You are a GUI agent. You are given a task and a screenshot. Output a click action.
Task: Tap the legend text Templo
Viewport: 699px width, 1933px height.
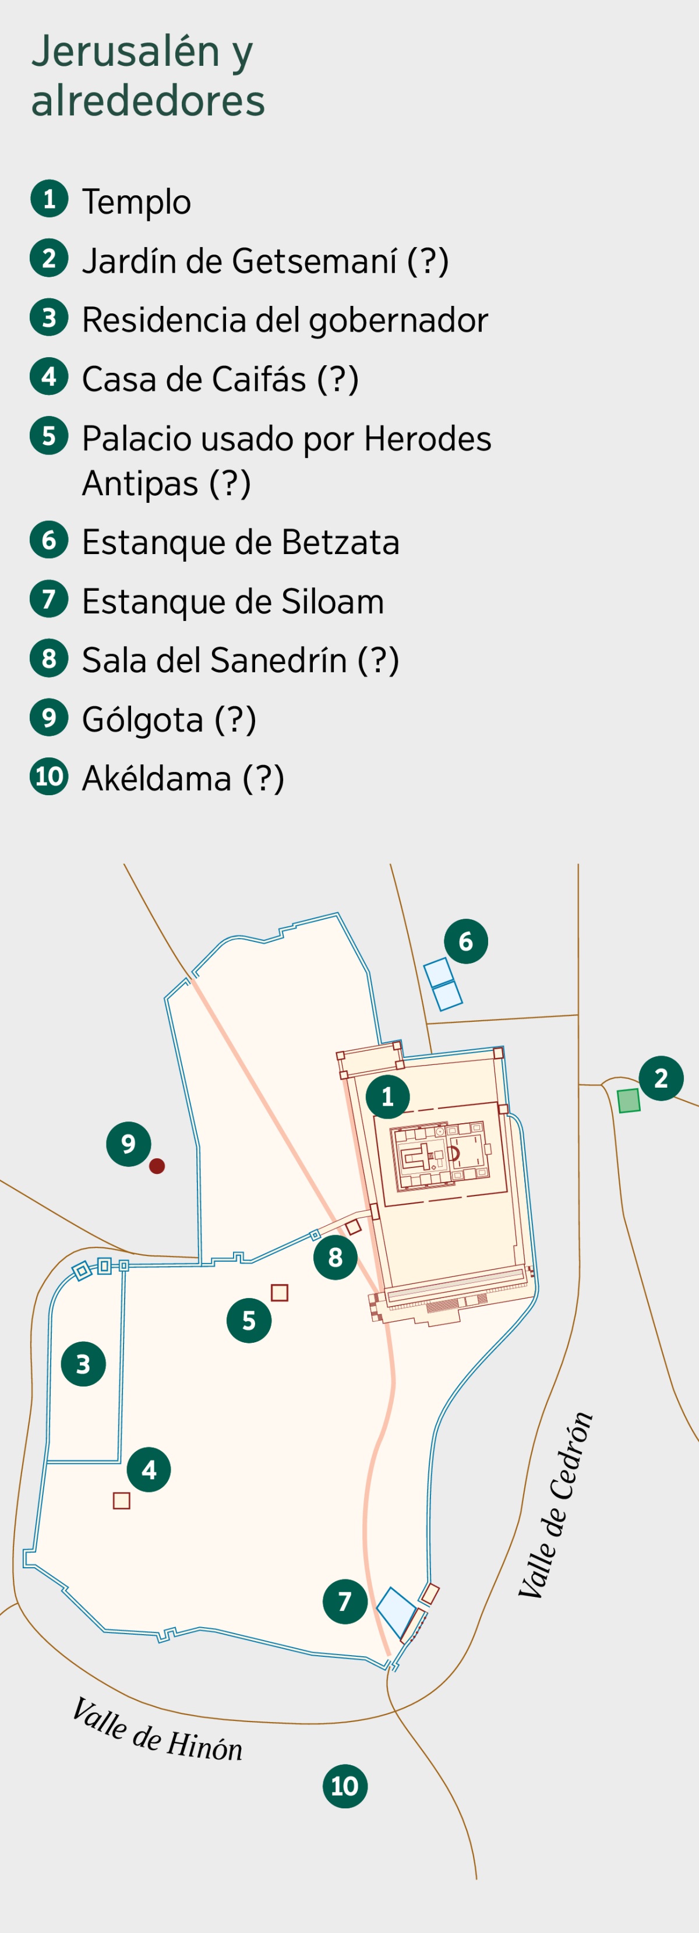pyautogui.click(x=136, y=202)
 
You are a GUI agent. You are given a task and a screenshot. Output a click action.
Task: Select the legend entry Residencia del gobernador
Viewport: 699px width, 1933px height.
pyautogui.click(x=284, y=320)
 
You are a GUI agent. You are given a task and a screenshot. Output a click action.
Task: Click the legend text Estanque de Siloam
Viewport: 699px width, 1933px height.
pyautogui.click(x=232, y=601)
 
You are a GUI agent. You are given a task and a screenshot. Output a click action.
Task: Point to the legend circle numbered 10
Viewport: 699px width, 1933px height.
pyautogui.click(x=50, y=776)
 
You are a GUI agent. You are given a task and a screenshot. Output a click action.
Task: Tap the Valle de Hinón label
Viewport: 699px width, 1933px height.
pyautogui.click(x=157, y=1730)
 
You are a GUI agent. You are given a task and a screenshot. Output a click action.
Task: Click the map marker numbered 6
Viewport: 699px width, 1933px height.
pyautogui.click(x=466, y=941)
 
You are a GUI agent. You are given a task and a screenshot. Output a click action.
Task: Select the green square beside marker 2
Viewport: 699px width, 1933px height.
pyautogui.click(x=629, y=1101)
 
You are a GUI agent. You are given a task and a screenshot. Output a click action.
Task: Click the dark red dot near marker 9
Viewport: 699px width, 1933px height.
pyautogui.click(x=157, y=1166)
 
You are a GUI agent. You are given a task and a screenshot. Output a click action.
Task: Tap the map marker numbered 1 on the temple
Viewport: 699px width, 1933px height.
pyautogui.click(x=388, y=1097)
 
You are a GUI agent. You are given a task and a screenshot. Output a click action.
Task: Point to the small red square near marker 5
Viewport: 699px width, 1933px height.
pyautogui.click(x=280, y=1292)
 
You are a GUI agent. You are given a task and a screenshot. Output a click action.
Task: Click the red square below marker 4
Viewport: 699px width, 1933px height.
pyautogui.click(x=122, y=1500)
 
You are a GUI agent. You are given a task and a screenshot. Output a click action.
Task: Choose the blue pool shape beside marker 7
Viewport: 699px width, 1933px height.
pyautogui.click(x=396, y=1612)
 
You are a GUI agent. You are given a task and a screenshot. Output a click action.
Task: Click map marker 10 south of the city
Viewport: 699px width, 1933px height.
pyautogui.click(x=345, y=1786)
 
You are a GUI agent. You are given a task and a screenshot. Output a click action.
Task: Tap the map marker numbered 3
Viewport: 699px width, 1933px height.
pyautogui.click(x=83, y=1364)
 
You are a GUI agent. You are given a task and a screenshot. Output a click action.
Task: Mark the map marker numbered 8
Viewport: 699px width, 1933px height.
pyautogui.click(x=336, y=1257)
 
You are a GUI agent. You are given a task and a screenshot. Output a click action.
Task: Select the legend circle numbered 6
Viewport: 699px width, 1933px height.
pyautogui.click(x=50, y=539)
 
